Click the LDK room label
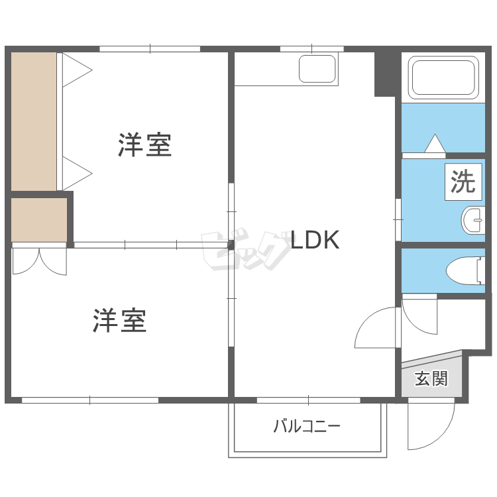pos(315,240)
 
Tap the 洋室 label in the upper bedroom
pos(145,145)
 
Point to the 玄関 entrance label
pos(431,379)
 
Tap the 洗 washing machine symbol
pos(463,182)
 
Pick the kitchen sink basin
pos(317,68)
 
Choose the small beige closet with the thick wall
pos(39,219)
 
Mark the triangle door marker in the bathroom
pos(435,144)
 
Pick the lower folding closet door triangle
pos(76,172)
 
